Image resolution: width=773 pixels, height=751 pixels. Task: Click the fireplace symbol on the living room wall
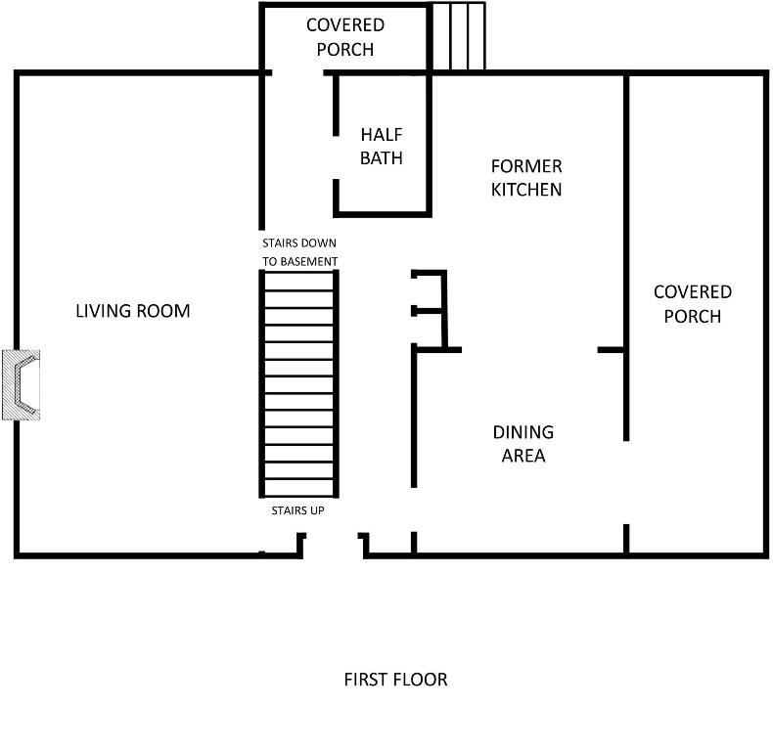pyautogui.click(x=22, y=385)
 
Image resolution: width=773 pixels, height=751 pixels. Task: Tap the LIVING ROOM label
pyautogui.click(x=133, y=311)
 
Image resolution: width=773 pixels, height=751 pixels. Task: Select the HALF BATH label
pyautogui.click(x=381, y=146)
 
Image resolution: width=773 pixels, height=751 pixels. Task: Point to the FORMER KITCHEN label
pyautogui.click(x=526, y=178)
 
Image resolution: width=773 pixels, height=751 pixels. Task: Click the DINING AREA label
pyautogui.click(x=523, y=444)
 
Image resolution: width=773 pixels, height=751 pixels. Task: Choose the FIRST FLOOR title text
pyautogui.click(x=395, y=680)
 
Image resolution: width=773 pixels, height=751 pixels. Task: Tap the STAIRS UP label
pyautogui.click(x=297, y=510)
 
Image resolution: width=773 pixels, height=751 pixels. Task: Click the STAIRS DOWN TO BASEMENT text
pyautogui.click(x=299, y=252)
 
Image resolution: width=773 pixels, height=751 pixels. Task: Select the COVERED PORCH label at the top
pyautogui.click(x=345, y=37)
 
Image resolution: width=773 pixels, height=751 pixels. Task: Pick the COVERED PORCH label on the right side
pyautogui.click(x=693, y=304)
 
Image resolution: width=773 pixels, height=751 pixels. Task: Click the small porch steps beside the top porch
pyautogui.click(x=459, y=36)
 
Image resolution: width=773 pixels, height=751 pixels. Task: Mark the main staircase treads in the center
pyautogui.click(x=298, y=383)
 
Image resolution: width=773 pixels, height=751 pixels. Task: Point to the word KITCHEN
pyautogui.click(x=526, y=190)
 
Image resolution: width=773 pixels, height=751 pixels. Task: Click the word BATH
pyautogui.click(x=381, y=157)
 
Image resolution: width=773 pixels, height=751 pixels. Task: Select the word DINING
pyautogui.click(x=523, y=432)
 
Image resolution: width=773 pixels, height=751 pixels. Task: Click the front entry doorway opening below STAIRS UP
pyautogui.click(x=333, y=546)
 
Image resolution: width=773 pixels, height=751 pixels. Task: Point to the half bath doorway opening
pyautogui.click(x=336, y=157)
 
